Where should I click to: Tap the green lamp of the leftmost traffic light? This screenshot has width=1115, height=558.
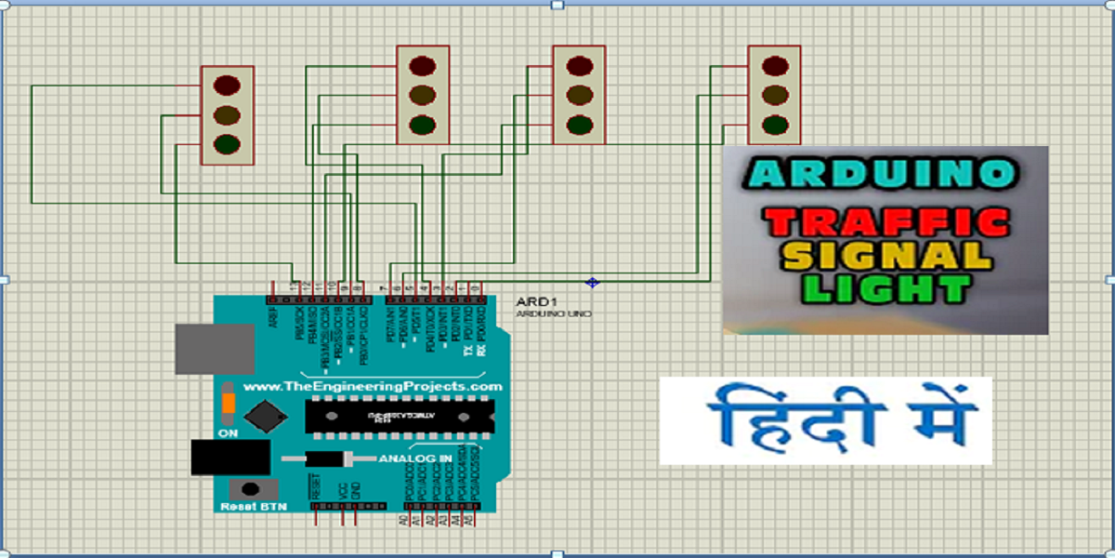click(227, 144)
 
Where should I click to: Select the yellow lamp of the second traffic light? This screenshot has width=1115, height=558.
click(423, 95)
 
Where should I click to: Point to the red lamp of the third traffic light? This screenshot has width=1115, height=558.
click(579, 65)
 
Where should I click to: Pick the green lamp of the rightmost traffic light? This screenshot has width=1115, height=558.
click(774, 124)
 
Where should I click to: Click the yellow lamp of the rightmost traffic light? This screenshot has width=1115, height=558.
click(774, 94)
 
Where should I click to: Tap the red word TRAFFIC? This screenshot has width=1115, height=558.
click(886, 221)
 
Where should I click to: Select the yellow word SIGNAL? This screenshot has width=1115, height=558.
click(886, 255)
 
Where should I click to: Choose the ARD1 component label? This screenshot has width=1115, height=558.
click(532, 302)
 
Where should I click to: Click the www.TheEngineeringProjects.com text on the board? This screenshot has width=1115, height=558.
click(373, 386)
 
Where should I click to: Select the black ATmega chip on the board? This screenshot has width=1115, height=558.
click(400, 416)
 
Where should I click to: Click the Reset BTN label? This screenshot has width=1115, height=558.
click(254, 506)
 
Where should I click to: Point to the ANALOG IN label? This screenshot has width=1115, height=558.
click(414, 458)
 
